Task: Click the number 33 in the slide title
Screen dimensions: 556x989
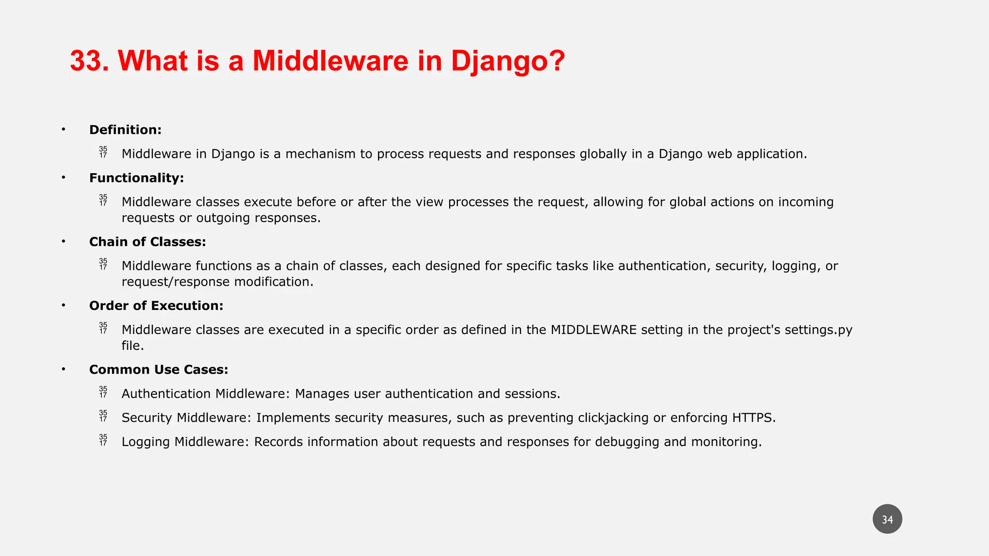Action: (x=86, y=61)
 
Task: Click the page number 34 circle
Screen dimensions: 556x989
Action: (x=887, y=519)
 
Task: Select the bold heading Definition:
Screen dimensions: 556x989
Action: (x=125, y=130)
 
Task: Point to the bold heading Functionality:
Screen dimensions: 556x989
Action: (x=136, y=178)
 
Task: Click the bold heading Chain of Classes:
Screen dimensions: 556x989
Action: (x=147, y=242)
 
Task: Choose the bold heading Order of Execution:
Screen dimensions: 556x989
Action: (x=156, y=306)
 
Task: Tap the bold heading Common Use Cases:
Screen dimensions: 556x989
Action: (x=158, y=370)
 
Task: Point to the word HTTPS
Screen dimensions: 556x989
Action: (x=753, y=418)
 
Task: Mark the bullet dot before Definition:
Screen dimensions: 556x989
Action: (x=63, y=129)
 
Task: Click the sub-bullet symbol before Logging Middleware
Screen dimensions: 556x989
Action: (x=103, y=440)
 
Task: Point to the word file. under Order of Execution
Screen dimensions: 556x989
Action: (x=132, y=346)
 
